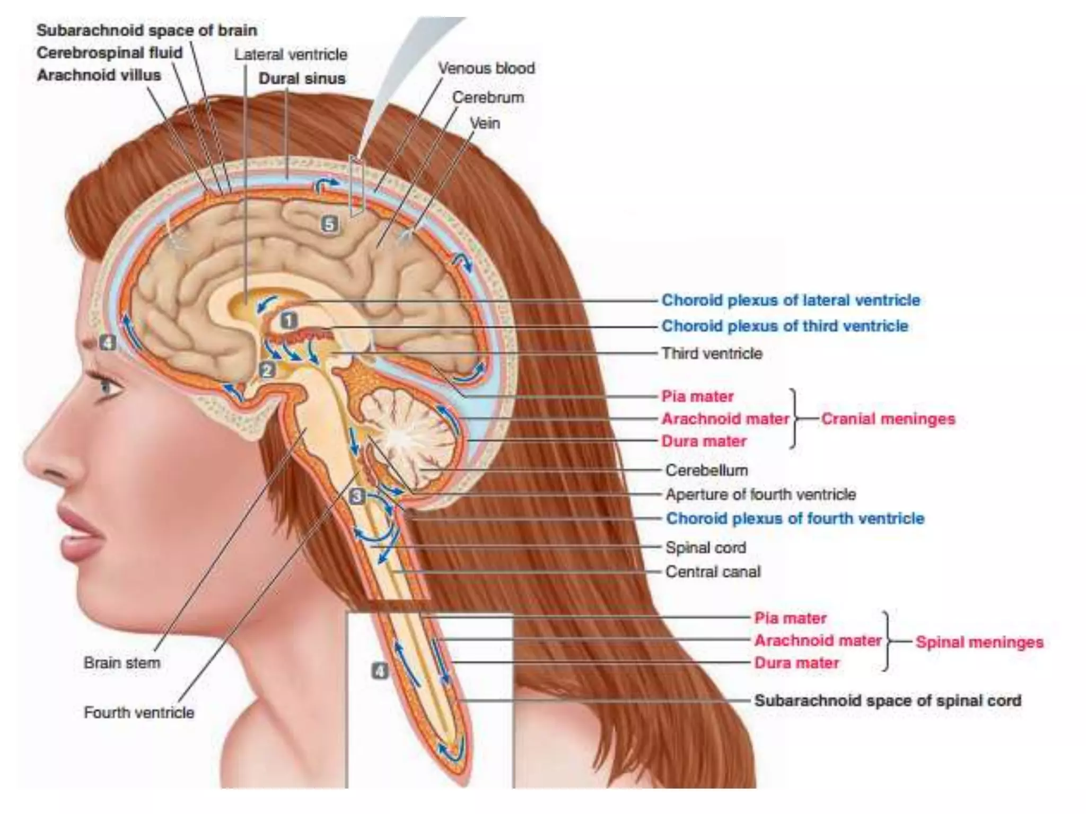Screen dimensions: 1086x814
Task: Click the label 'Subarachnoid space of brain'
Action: [147, 31]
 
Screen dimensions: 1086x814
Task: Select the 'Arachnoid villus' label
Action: [99, 75]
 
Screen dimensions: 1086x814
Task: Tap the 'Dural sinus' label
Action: [302, 78]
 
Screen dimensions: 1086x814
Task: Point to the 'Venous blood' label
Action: [486, 68]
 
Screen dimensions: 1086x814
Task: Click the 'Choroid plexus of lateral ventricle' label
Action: [791, 300]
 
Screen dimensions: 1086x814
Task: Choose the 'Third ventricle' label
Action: [712, 353]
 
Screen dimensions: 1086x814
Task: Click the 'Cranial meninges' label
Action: [888, 419]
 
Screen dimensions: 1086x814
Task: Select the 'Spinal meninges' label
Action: [979, 642]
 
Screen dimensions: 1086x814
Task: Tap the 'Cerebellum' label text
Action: [707, 471]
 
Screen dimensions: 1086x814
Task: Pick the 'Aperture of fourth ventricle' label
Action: [760, 494]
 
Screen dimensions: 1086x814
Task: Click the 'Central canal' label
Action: [713, 572]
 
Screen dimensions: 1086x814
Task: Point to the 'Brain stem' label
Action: [122, 663]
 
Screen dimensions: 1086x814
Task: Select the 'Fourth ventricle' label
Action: [139, 713]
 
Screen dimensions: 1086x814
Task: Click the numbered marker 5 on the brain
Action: [329, 224]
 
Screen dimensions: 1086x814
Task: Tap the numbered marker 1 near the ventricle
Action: [289, 320]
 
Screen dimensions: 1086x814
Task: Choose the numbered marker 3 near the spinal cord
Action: [357, 496]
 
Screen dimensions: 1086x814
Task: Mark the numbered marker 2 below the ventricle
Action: [267, 369]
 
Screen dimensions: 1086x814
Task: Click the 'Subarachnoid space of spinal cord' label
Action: [888, 701]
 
